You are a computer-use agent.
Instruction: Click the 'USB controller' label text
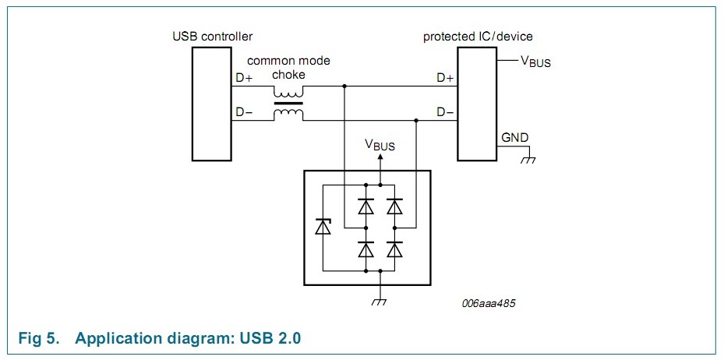click(x=213, y=37)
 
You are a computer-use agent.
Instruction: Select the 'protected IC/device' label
click(x=478, y=37)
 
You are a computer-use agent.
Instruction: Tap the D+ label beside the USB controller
click(x=244, y=78)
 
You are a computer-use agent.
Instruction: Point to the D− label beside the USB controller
click(x=244, y=112)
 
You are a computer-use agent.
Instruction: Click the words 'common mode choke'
click(x=288, y=68)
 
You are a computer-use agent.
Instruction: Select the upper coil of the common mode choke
click(x=288, y=91)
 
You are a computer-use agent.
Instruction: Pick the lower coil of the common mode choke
click(x=288, y=115)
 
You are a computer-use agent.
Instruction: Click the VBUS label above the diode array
click(x=380, y=145)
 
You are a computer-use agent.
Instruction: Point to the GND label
click(x=514, y=138)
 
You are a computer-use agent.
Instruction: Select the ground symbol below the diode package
click(x=380, y=302)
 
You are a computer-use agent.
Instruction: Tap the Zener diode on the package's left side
click(x=323, y=228)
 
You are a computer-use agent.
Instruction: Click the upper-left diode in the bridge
click(x=366, y=206)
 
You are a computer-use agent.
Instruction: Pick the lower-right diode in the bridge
click(x=394, y=249)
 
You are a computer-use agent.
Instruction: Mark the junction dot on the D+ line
click(x=344, y=86)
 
